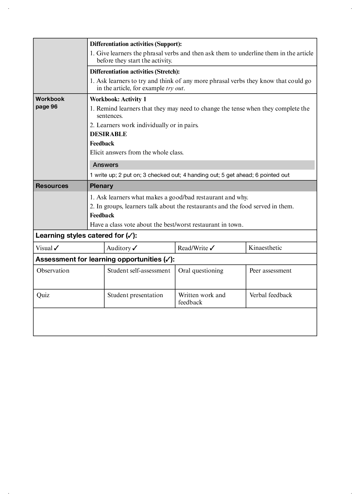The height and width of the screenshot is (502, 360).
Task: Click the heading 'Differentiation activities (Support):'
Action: pyautogui.click(x=136, y=44)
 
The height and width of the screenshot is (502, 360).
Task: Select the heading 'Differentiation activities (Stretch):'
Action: pyautogui.click(x=135, y=72)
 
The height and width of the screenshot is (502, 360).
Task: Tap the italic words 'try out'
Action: pyautogui.click(x=174, y=88)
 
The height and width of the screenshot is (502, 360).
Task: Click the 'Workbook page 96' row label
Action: pyautogui.click(x=50, y=103)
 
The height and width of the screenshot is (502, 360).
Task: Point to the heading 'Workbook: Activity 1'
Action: pyautogui.click(x=118, y=99)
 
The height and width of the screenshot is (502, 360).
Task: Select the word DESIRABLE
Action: pyautogui.click(x=108, y=134)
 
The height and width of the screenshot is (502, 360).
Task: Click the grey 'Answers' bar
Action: pyautogui.click(x=202, y=165)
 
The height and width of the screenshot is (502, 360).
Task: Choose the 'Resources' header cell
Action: pyautogui.click(x=52, y=186)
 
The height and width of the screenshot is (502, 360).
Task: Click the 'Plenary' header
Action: pyautogui.click(x=102, y=186)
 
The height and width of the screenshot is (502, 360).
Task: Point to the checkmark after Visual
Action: pyautogui.click(x=57, y=248)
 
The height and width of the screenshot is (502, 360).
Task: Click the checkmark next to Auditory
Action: pyautogui.click(x=135, y=248)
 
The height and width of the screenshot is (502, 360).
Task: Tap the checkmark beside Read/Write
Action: pyautogui.click(x=212, y=248)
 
